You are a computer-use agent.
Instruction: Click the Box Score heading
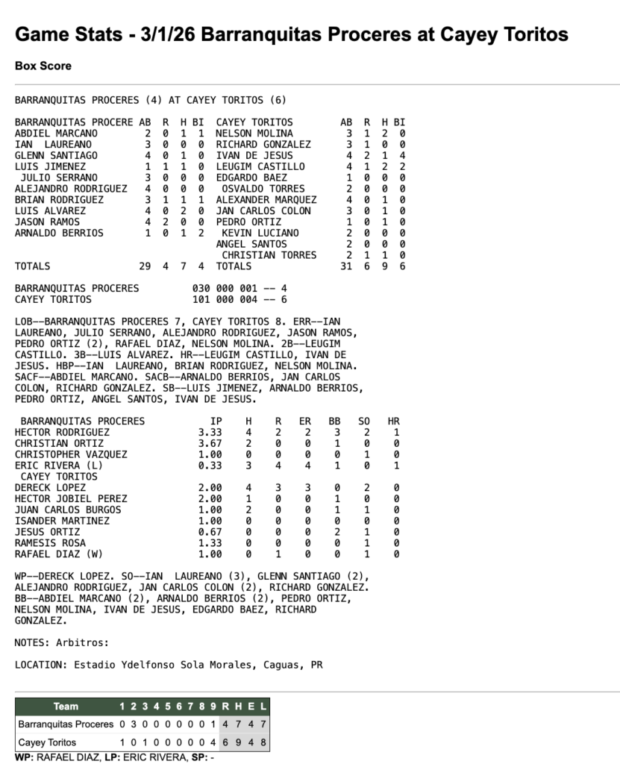43,66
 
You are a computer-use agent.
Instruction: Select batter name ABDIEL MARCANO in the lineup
57,133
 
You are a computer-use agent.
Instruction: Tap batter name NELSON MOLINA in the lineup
254,133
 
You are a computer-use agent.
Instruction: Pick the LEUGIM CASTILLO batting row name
260,166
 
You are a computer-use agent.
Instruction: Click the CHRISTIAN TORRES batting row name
269,255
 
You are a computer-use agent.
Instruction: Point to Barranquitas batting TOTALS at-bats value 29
145,266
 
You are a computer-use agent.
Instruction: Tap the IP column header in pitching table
216,421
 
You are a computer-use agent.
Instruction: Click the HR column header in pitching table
393,421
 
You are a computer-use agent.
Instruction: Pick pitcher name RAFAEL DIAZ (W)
59,554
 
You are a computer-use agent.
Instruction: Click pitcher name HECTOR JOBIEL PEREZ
70,498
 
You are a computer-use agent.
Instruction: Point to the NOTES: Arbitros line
62,642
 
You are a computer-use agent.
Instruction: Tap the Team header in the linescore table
66,706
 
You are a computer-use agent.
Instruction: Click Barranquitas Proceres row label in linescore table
66,724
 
